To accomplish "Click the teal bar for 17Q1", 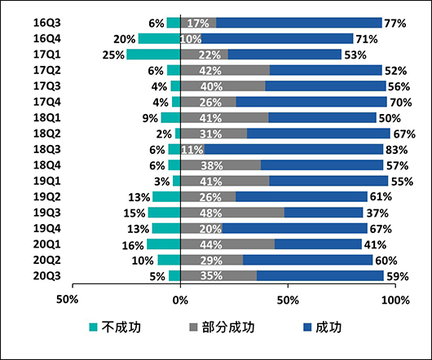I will click(x=153, y=55).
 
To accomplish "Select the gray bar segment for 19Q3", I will click(x=232, y=213).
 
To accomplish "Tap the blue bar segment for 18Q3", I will click(x=293, y=149).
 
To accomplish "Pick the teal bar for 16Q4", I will click(x=159, y=38).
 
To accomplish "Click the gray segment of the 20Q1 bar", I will click(x=227, y=244).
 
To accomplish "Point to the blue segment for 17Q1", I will click(x=284, y=55).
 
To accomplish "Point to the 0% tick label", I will click(x=180, y=299).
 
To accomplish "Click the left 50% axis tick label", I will click(x=67, y=299).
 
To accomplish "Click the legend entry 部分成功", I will click(x=222, y=327).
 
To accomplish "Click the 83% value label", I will click(x=395, y=149).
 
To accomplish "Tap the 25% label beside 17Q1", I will click(x=114, y=55).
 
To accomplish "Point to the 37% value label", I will click(x=375, y=213).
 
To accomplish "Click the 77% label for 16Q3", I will click(x=394, y=23).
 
